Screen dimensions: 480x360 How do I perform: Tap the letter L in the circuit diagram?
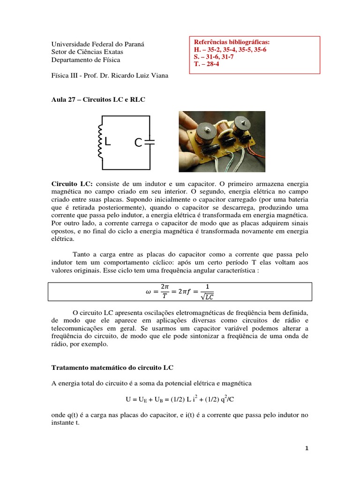[108, 141]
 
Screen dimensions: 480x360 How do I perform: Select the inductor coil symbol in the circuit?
[99, 141]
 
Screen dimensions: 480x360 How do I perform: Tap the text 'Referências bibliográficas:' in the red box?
[231, 42]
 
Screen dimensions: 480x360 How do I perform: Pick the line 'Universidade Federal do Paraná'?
[97, 44]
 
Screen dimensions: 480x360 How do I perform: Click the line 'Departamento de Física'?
[86, 60]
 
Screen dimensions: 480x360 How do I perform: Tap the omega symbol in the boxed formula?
[149, 291]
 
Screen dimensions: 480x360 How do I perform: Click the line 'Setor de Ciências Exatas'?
[87, 52]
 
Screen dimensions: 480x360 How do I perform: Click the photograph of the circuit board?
[222, 141]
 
